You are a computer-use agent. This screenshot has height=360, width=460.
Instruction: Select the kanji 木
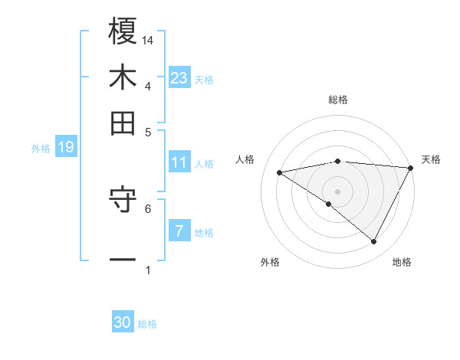pos(123,77)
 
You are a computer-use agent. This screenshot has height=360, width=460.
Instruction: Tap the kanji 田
pos(123,123)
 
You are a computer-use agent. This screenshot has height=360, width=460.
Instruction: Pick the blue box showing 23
pos(179,77)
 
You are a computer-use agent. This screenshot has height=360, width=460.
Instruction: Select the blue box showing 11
pos(179,162)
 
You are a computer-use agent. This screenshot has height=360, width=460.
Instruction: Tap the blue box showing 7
pos(179,231)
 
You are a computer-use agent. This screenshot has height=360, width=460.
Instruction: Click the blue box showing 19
pos(65,147)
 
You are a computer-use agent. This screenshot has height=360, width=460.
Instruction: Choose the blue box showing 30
pos(123,322)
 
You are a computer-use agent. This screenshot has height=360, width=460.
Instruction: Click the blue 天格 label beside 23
pos(204,79)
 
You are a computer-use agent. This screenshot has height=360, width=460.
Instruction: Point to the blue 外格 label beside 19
pos(41,148)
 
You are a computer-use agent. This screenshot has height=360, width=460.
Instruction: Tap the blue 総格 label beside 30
pos(147,324)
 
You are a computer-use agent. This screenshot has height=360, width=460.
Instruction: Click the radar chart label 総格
pos(337,100)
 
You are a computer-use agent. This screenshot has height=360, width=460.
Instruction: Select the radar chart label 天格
pos(431,159)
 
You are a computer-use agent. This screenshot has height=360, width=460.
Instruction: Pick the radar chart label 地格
pos(402,262)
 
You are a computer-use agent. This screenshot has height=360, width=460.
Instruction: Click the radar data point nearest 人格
pos(280,172)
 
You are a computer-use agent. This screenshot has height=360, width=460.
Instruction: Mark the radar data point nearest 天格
pos(411,168)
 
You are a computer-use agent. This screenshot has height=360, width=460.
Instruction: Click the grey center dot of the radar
pos(337,191)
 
